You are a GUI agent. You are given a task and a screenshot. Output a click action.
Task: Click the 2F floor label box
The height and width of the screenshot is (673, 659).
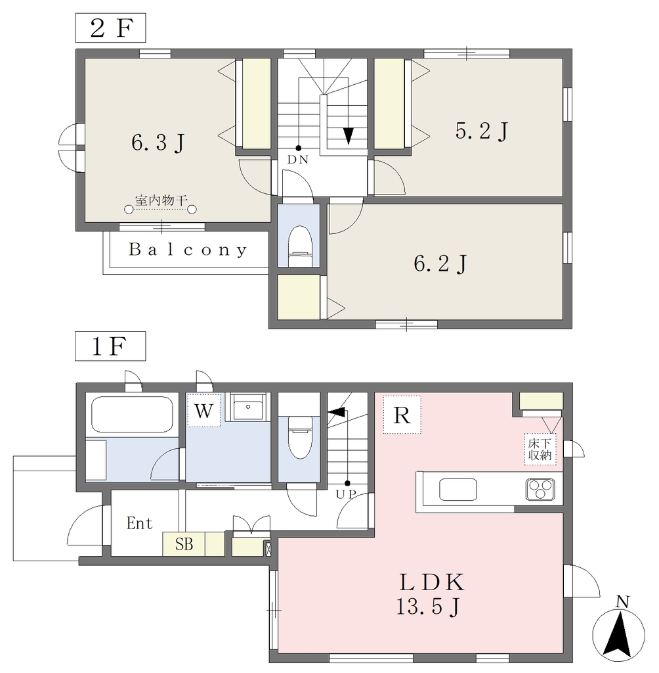[111, 28]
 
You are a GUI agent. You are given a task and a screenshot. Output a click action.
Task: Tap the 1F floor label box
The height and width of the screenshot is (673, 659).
[110, 346]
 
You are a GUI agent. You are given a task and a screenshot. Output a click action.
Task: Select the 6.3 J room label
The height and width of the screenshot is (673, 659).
[158, 143]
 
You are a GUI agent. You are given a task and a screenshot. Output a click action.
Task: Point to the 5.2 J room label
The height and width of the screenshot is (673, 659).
[482, 131]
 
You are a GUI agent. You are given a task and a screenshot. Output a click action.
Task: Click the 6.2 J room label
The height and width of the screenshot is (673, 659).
[440, 264]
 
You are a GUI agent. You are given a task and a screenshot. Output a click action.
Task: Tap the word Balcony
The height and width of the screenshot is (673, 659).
[188, 250]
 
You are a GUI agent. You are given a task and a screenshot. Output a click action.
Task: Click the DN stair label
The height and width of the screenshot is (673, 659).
[298, 160]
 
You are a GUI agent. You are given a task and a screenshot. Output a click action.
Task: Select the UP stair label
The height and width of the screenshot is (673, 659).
[346, 494]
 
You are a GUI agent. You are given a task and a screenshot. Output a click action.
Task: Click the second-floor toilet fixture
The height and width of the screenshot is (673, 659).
[299, 246]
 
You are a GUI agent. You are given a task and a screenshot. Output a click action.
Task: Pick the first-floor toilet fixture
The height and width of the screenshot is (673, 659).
[300, 437]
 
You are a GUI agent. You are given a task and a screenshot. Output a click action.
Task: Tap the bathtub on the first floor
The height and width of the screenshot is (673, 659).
[132, 415]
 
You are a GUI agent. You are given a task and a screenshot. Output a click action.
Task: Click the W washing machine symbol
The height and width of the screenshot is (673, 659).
[203, 410]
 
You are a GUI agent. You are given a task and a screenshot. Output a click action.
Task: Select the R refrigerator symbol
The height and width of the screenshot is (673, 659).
[402, 415]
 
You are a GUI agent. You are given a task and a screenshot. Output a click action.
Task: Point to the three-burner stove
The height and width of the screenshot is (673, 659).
[540, 490]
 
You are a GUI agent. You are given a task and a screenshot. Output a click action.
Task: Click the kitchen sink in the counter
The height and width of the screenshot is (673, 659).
[458, 489]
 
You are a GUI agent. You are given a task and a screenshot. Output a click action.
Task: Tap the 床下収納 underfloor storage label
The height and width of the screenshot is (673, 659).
[540, 449]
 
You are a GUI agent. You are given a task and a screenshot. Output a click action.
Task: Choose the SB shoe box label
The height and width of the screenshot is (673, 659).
[184, 544]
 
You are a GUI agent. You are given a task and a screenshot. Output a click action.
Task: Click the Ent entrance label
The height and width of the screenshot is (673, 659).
[139, 523]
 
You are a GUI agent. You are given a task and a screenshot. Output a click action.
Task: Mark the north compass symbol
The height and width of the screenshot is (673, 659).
[618, 634]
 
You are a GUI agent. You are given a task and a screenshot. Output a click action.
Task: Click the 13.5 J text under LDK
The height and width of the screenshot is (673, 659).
[427, 607]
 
